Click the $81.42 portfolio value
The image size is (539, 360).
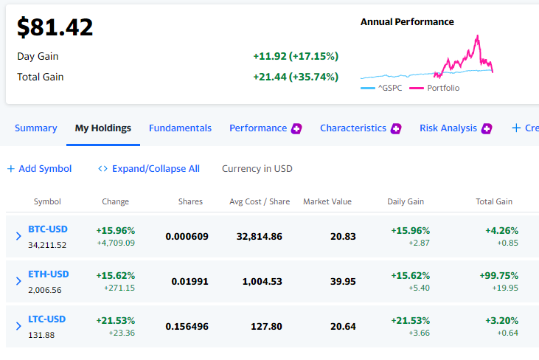pos(55,27)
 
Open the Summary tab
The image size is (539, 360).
pos(35,128)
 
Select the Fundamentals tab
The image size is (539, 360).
pos(180,128)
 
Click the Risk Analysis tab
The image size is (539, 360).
pos(448,128)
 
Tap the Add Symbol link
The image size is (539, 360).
pos(40,168)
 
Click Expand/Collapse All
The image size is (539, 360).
pos(149,168)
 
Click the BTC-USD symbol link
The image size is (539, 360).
pos(48,229)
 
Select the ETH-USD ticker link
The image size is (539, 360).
pos(49,274)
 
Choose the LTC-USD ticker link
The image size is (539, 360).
pos(46,319)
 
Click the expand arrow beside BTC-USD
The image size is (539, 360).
pos(18,236)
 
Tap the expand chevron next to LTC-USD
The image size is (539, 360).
pos(18,326)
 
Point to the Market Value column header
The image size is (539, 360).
pos(327,201)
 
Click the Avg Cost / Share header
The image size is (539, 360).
pos(260,201)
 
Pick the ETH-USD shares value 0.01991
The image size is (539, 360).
pos(189,282)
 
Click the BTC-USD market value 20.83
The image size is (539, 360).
pos(343,237)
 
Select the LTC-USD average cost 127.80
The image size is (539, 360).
pos(266,326)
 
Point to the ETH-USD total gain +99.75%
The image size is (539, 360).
pos(498,276)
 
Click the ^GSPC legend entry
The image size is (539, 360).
pos(381,88)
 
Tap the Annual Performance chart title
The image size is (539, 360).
pos(407,22)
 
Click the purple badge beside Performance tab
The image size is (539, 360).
pos(296,128)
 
